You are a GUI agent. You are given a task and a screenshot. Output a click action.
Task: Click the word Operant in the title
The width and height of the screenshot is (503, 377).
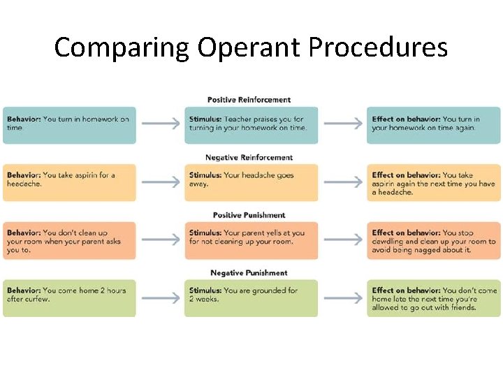pyautogui.click(x=249, y=48)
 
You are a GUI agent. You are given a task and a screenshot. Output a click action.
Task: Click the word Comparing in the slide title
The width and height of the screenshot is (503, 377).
pyautogui.click(x=122, y=48)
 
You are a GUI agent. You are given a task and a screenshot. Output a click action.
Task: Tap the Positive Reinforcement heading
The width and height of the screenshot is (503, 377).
pyautogui.click(x=249, y=100)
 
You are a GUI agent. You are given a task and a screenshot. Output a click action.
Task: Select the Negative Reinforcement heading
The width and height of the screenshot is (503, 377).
pyautogui.click(x=249, y=158)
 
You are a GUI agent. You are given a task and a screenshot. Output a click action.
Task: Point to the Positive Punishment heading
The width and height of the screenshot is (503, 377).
pyautogui.click(x=249, y=215)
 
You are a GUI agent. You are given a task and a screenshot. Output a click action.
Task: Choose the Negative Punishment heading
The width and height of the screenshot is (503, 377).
pyautogui.click(x=249, y=273)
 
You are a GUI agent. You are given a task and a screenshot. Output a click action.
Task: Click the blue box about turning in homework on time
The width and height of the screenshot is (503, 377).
pyautogui.click(x=69, y=124)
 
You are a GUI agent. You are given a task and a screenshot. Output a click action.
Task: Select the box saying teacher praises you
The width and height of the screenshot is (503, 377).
pyautogui.click(x=251, y=124)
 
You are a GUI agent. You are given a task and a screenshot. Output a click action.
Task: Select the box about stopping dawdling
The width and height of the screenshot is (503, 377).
pyautogui.click(x=433, y=240)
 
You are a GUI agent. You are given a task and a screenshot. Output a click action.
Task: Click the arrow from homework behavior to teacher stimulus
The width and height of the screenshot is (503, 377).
pyautogui.click(x=160, y=124)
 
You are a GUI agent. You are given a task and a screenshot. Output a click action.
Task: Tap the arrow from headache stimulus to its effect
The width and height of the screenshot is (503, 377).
pyautogui.click(x=342, y=182)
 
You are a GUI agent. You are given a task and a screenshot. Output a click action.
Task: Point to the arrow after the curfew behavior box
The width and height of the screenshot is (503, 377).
pyautogui.click(x=160, y=298)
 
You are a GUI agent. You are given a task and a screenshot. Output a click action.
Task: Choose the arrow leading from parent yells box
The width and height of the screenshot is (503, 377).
pyautogui.click(x=342, y=240)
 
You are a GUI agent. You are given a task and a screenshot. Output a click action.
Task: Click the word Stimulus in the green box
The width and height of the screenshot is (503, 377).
pyautogui.click(x=205, y=290)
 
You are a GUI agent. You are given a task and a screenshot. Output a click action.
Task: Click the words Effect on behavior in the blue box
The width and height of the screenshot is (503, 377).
pyautogui.click(x=405, y=119)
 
